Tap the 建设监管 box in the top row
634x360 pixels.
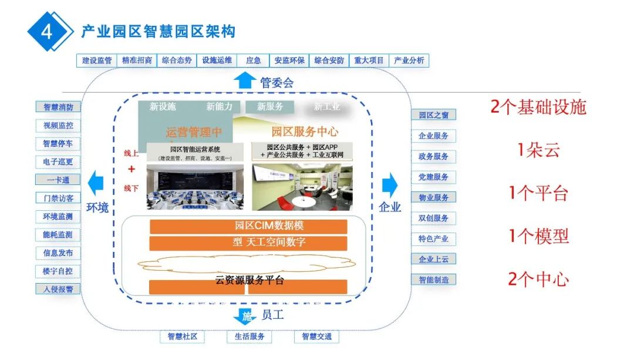pyautogui.click(x=97, y=60)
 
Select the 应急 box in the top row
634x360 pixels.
pyautogui.click(x=254, y=60)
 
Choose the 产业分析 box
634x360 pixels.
pyautogui.click(x=409, y=60)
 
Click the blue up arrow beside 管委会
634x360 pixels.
pyautogui.click(x=243, y=80)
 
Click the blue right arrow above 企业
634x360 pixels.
pyautogui.click(x=389, y=185)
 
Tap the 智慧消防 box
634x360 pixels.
pyautogui.click(x=58, y=107)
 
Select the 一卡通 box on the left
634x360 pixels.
pyautogui.click(x=58, y=180)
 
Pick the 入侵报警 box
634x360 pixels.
pyautogui.click(x=58, y=289)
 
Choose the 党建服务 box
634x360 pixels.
pyautogui.click(x=434, y=177)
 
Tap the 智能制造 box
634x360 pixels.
pyautogui.click(x=434, y=280)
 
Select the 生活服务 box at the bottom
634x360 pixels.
pyautogui.click(x=249, y=337)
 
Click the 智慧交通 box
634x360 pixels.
pyautogui.click(x=316, y=337)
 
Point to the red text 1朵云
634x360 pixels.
pyautogui.click(x=538, y=150)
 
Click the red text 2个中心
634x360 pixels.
pyautogui.click(x=538, y=279)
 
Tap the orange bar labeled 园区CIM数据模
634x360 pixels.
pyautogui.click(x=248, y=226)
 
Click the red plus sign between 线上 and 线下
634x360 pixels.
pyautogui.click(x=131, y=169)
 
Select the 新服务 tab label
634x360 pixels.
pyautogui.click(x=270, y=107)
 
